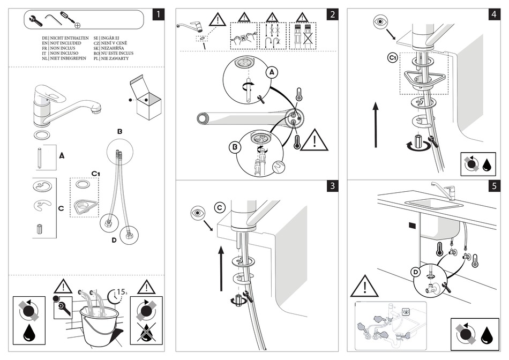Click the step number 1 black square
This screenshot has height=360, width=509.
coord(158,14)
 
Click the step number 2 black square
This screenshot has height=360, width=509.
coord(333,14)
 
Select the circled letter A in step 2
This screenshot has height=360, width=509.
coord(272,72)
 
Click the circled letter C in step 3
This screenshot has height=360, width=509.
coord(220,207)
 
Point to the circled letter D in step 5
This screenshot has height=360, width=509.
coord(415,273)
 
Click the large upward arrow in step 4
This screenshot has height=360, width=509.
coord(376,125)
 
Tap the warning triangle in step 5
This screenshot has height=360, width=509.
coord(363,287)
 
